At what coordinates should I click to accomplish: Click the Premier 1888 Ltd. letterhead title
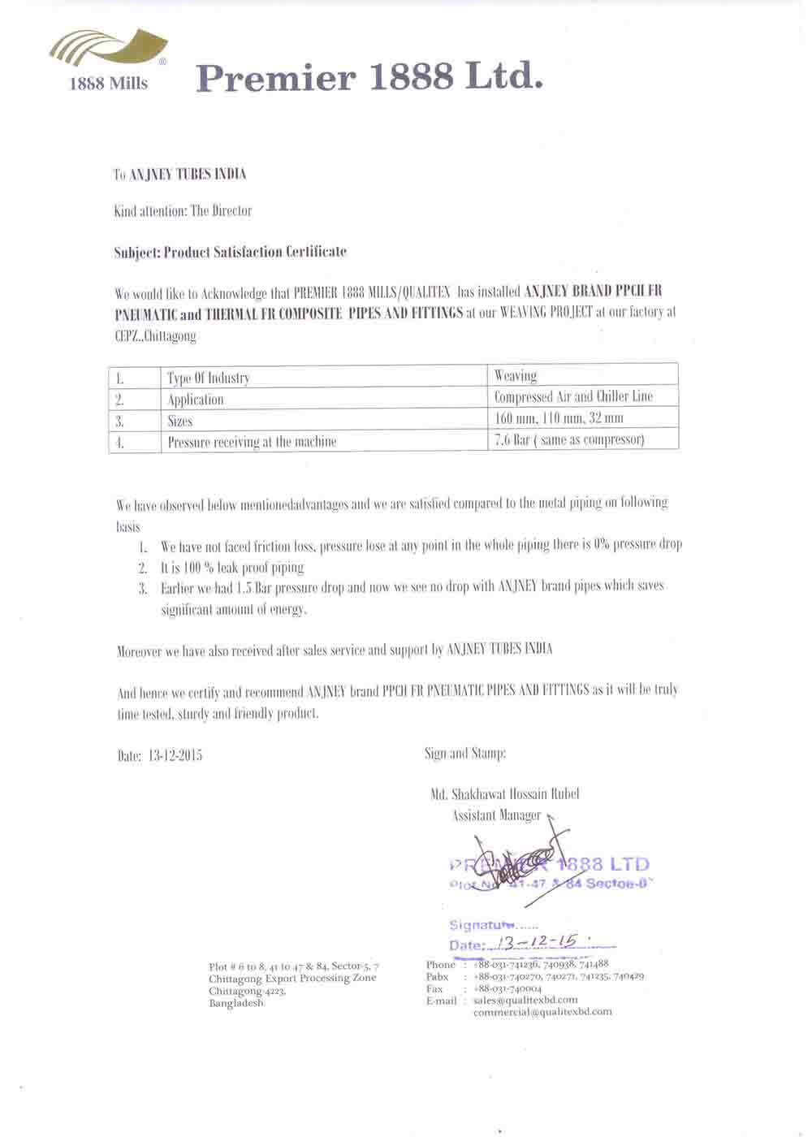[x=369, y=78]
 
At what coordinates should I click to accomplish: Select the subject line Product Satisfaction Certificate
[x=231, y=252]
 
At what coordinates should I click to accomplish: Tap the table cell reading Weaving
[x=516, y=375]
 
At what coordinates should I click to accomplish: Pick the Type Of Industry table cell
[x=209, y=378]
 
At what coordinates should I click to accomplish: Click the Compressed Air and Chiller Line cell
[x=573, y=396]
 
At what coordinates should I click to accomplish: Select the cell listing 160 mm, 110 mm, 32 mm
[x=559, y=418]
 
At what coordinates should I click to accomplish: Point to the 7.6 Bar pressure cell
[x=568, y=439]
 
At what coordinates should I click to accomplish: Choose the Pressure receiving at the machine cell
[x=252, y=442]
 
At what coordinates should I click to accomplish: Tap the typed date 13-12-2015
[x=175, y=755]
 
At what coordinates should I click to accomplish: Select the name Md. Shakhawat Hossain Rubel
[x=505, y=794]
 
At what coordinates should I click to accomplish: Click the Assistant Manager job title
[x=496, y=815]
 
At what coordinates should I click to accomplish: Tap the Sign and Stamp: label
[x=465, y=754]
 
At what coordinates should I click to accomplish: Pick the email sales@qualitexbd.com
[x=525, y=1001]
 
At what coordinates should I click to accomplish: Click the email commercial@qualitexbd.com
[x=542, y=1012]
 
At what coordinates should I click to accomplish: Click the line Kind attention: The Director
[x=184, y=211]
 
